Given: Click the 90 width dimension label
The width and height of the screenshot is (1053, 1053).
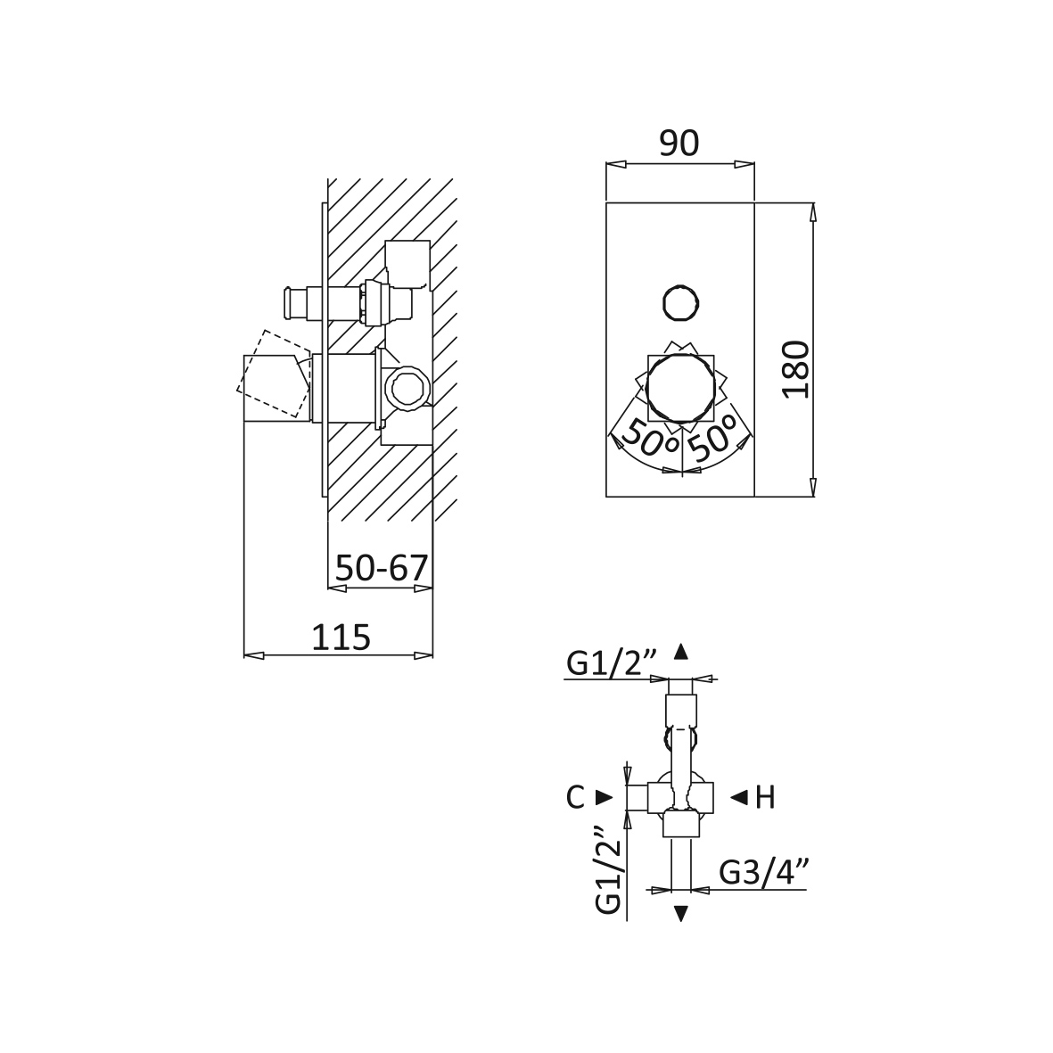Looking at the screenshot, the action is (679, 143).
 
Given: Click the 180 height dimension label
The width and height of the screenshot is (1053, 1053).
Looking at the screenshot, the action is (797, 369).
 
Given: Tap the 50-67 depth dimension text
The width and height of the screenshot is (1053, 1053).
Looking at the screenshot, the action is (382, 568).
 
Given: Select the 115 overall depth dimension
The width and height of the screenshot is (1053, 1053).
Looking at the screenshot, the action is (341, 637).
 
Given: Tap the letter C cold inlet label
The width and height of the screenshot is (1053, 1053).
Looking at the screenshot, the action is (575, 798).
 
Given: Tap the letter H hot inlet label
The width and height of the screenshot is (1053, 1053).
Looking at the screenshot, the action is (765, 798).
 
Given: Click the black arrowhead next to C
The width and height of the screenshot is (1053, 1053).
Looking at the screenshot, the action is (605, 797).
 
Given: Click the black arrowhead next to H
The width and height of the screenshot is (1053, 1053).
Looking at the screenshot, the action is (739, 797).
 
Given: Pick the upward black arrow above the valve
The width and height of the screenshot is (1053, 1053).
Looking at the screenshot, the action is (681, 652).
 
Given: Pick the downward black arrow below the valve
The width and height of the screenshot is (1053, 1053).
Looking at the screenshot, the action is (681, 913).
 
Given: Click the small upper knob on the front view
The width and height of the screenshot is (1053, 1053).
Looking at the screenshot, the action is (681, 303).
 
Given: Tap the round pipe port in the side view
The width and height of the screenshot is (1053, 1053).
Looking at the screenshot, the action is (407, 387).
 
